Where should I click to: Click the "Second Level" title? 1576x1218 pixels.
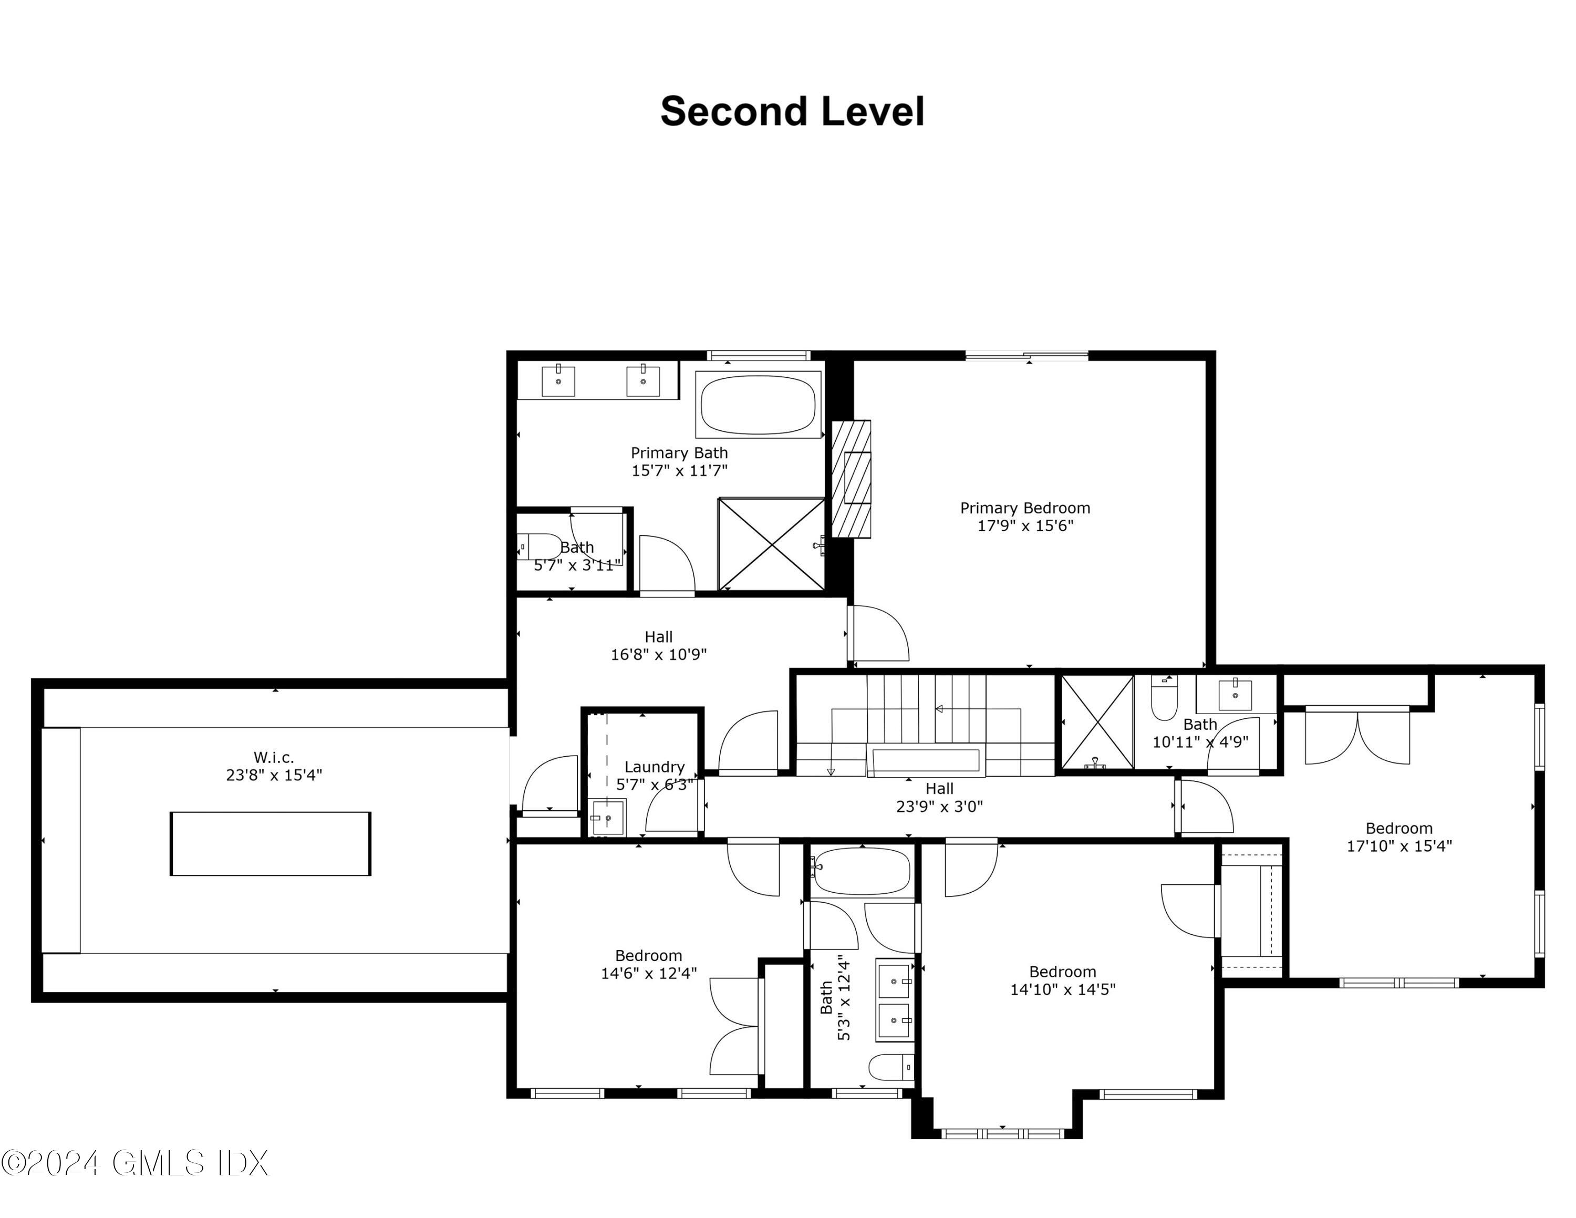[x=792, y=112]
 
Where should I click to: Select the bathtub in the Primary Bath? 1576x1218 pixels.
[x=758, y=404]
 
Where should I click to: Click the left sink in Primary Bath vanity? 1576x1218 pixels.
[x=558, y=380]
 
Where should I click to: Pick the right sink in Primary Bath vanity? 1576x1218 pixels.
[x=642, y=380]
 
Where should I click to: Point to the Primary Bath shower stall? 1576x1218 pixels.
[x=771, y=543]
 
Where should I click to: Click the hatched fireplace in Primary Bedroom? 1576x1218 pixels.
[x=851, y=478]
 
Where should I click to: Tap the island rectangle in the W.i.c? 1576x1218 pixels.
[x=271, y=843]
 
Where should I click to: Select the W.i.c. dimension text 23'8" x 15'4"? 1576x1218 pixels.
[x=274, y=775]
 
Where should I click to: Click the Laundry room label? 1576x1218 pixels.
[x=654, y=767]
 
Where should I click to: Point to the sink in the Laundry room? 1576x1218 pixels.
[x=608, y=818]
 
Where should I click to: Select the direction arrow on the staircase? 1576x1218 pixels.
[x=939, y=709]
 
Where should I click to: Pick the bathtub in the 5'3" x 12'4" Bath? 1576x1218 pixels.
[x=862, y=871]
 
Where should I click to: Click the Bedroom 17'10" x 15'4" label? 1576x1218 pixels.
[x=1398, y=837]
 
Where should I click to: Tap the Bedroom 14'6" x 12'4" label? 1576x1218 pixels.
[x=648, y=964]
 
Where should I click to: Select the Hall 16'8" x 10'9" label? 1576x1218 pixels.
[x=658, y=646]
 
